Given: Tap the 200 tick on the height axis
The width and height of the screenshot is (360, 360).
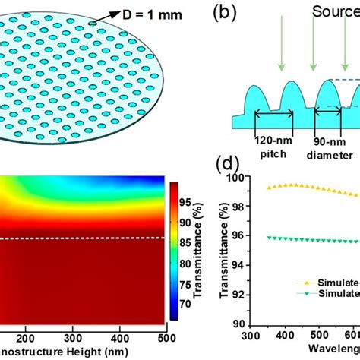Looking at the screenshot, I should (x=24, y=336).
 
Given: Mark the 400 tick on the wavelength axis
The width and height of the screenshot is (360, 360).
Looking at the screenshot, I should (x=311, y=337).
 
